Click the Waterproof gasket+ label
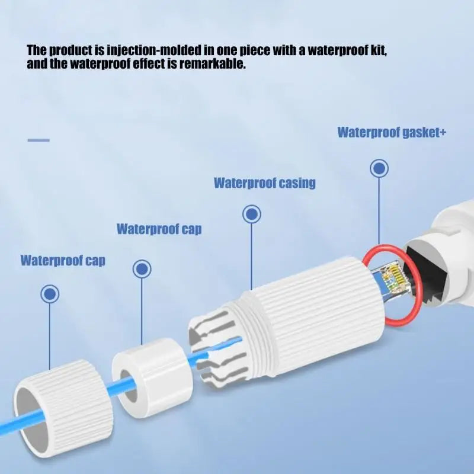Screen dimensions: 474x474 (392, 132)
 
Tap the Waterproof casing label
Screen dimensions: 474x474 (265, 183)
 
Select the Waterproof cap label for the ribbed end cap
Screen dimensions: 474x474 (63, 261)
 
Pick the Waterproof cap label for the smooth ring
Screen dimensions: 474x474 (159, 229)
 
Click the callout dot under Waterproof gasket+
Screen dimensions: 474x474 (379, 168)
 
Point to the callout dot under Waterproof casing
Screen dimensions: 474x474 (251, 214)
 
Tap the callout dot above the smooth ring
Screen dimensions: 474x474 (142, 269)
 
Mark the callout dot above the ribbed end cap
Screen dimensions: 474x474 (50, 294)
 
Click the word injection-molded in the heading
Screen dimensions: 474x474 (153, 50)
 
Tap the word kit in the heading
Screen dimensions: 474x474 (379, 50)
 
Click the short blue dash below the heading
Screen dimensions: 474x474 (39, 140)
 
